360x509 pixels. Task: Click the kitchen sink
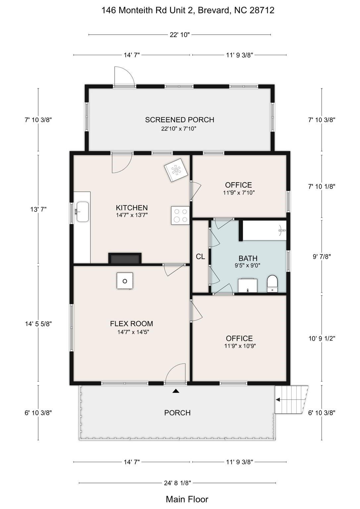[x=82, y=211]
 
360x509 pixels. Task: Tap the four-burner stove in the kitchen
[x=180, y=215]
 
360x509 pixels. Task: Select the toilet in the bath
[x=273, y=284]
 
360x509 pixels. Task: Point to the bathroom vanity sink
[x=248, y=286]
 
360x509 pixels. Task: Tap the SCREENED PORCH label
[x=180, y=120]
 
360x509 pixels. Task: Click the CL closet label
[x=200, y=256]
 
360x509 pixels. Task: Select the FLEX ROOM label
[x=131, y=323]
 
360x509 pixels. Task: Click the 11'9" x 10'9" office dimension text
[x=240, y=346]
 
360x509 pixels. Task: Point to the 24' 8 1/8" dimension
[x=178, y=483]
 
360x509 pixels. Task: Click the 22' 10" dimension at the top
[x=180, y=35]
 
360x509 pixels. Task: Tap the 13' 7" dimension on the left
[x=38, y=209]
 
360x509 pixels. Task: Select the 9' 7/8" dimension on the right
[x=322, y=256]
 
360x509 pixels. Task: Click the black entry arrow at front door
[x=176, y=391]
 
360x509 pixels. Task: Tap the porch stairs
[x=291, y=400]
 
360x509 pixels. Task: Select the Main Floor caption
[x=187, y=499]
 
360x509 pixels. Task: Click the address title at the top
[x=187, y=10]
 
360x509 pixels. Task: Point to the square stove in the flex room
[x=125, y=281]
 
